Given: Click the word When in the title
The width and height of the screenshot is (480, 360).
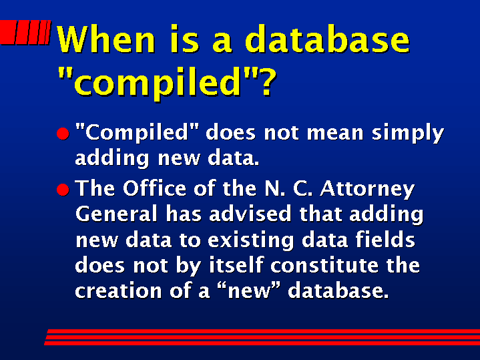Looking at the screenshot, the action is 106,39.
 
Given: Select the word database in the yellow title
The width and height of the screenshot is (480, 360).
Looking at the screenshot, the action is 327,39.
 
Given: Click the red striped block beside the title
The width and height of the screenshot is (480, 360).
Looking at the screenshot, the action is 25,32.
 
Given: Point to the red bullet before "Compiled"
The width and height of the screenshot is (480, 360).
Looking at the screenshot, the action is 63,134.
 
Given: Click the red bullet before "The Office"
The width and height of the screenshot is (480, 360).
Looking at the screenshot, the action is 63,190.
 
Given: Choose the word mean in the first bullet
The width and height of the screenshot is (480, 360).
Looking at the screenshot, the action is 335,134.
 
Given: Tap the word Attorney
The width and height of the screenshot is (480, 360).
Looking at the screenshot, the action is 367,189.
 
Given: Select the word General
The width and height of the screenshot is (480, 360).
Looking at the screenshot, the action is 116,214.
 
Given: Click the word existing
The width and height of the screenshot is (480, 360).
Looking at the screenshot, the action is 251,241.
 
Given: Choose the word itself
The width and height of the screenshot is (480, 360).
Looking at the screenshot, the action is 236,264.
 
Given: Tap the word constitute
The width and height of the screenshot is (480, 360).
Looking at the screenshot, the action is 324,265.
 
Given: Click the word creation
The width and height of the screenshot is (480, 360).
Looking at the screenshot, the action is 118,291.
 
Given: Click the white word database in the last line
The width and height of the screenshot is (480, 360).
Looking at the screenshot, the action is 338,290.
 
